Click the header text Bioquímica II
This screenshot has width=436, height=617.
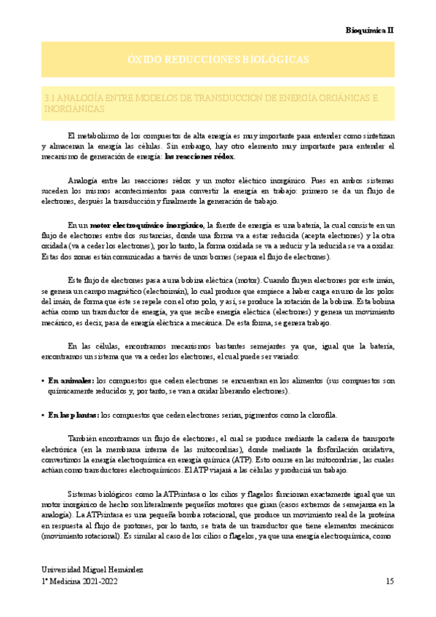click(x=369, y=31)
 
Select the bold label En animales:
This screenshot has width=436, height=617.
click(x=71, y=380)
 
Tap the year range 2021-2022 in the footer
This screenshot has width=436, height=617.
click(x=98, y=582)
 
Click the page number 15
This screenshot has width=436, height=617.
click(x=390, y=582)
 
